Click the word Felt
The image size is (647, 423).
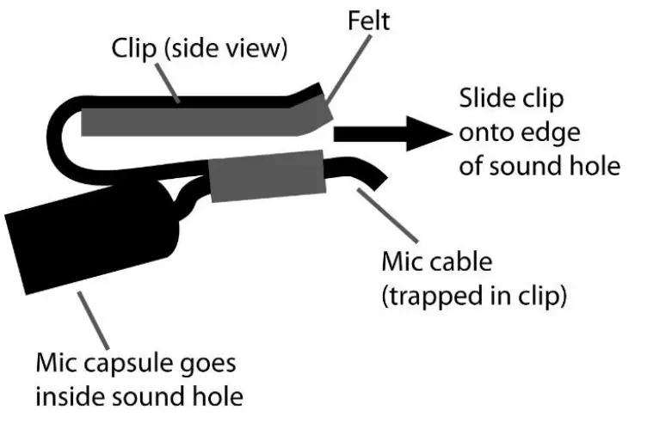pyautogui.click(x=369, y=21)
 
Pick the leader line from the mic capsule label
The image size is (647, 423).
pyautogui.click(x=96, y=317)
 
